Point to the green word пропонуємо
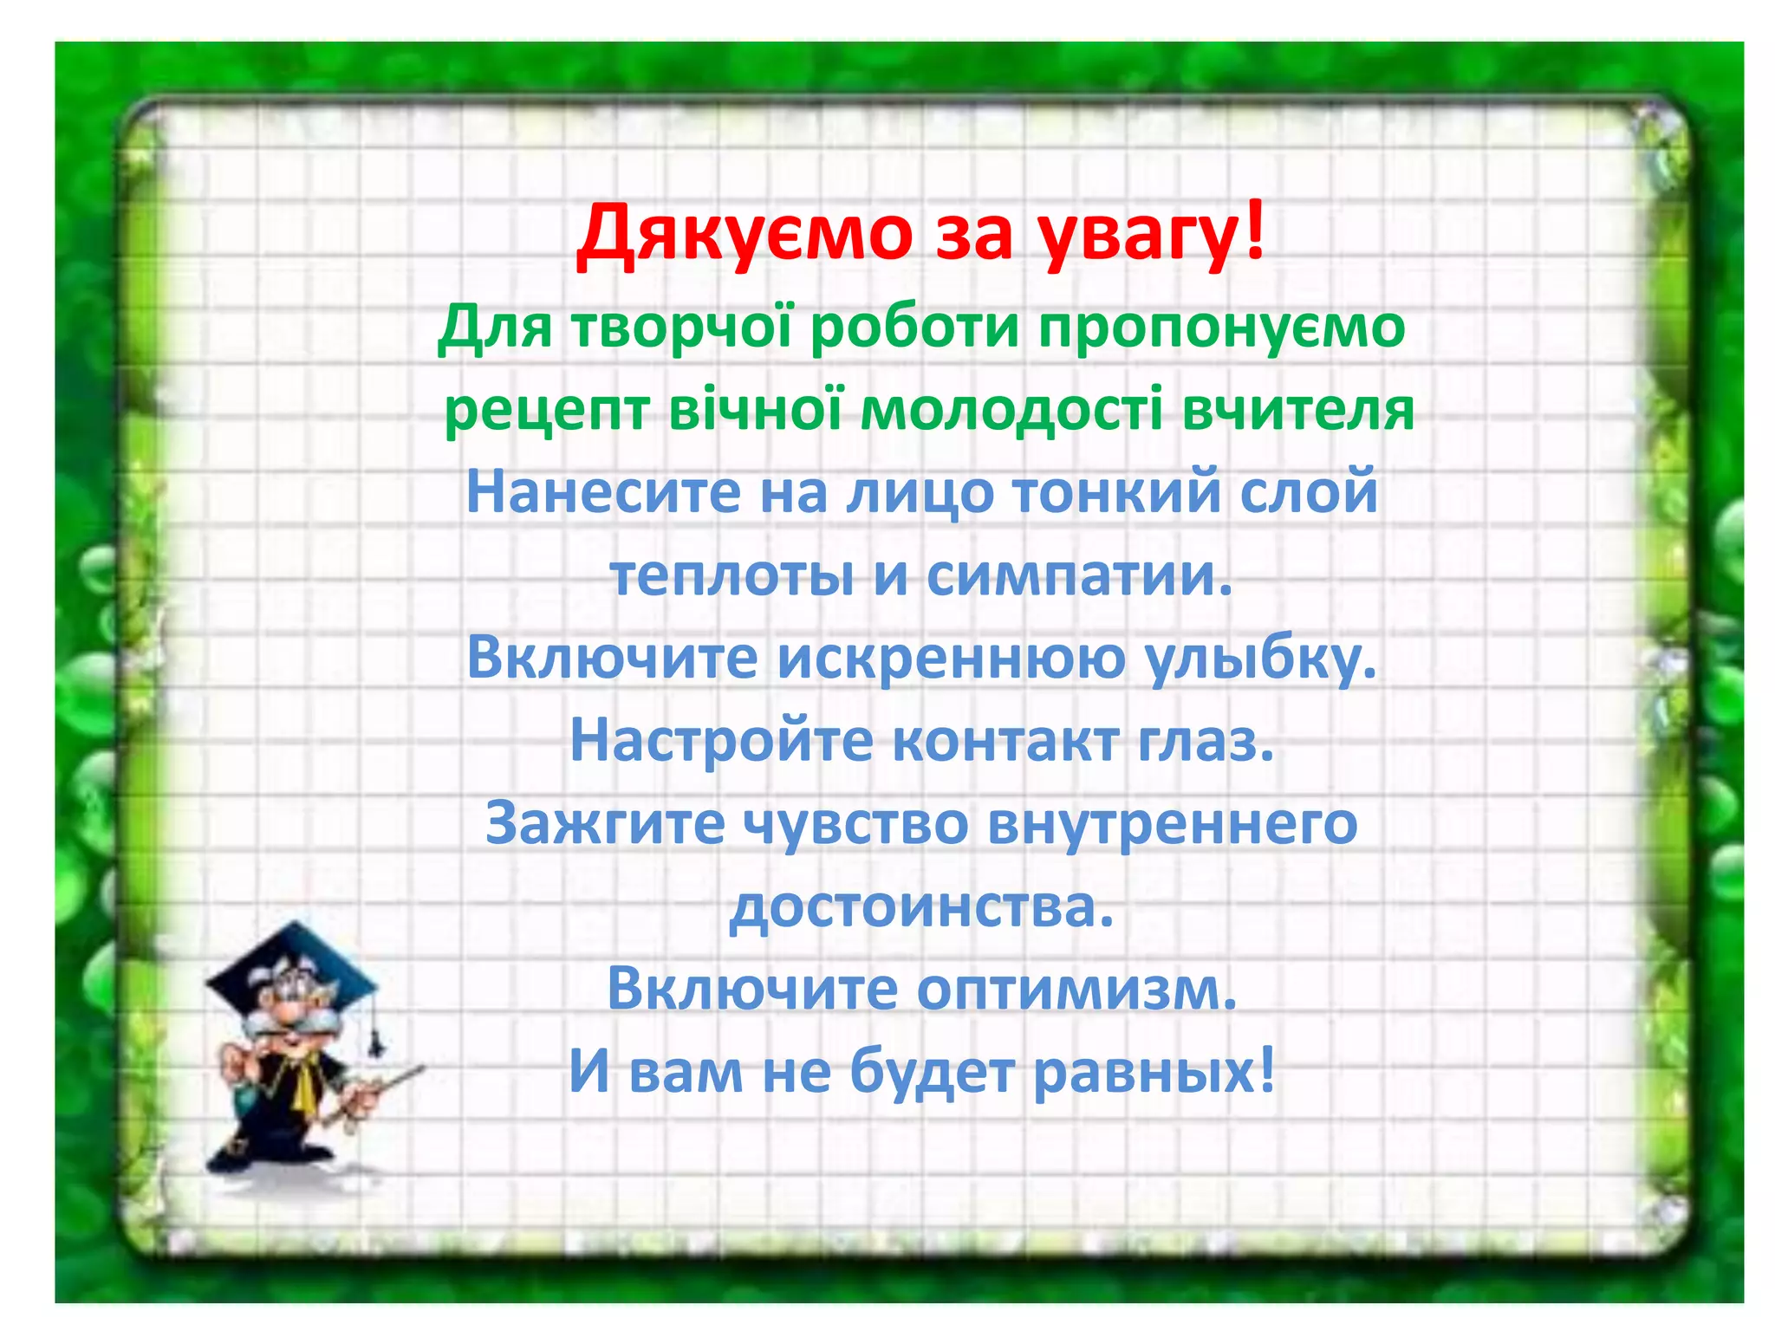coord(1221,329)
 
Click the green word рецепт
coord(546,411)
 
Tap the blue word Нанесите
coord(603,491)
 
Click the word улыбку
coord(1261,659)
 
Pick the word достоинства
coord(921,906)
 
